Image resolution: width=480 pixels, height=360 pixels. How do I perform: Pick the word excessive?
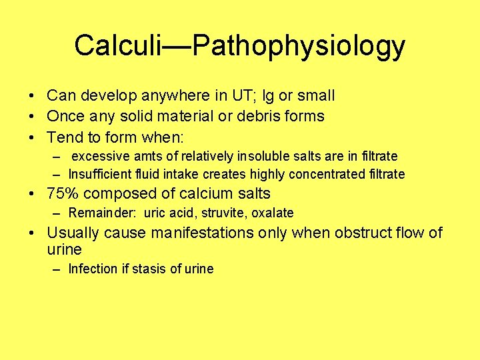click(x=101, y=156)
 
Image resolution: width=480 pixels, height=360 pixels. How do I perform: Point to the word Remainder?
click(x=95, y=213)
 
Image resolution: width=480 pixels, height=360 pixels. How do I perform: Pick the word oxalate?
click(x=272, y=213)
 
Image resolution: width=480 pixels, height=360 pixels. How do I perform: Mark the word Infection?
click(x=93, y=269)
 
